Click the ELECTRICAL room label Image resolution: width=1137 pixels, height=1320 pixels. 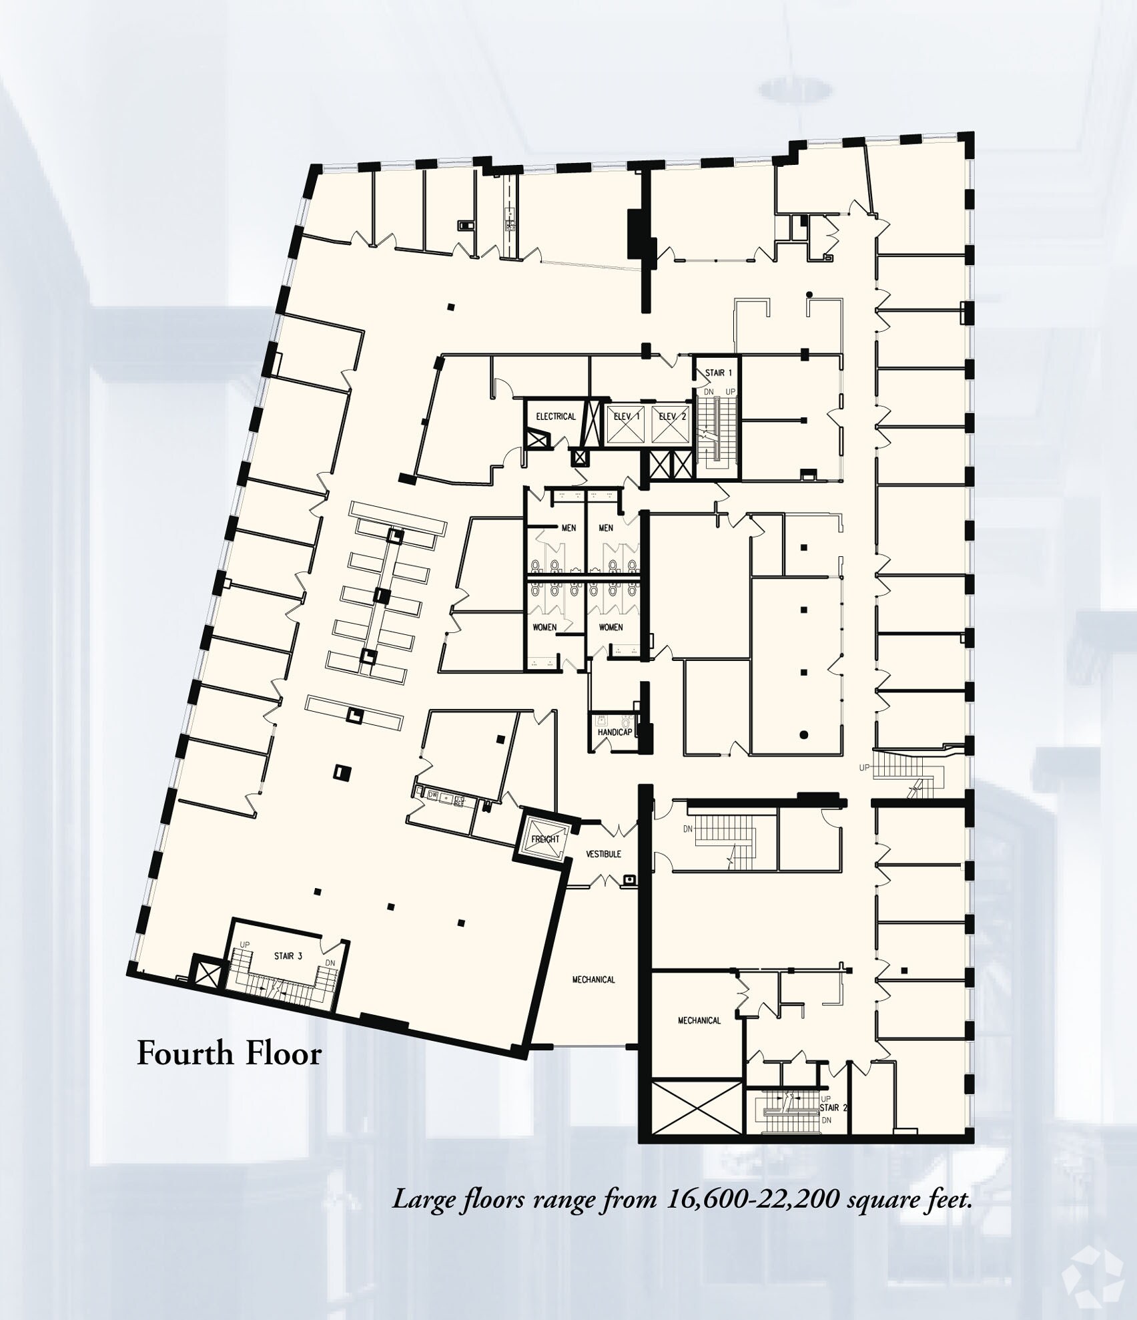555,416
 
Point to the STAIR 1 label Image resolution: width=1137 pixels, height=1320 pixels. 718,373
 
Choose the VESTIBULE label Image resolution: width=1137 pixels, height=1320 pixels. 603,854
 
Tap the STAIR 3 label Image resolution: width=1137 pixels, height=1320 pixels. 288,956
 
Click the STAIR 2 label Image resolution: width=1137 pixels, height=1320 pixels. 833,1108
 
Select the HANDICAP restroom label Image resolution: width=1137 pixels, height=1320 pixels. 614,732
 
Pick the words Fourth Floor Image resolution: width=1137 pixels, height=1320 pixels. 229,1054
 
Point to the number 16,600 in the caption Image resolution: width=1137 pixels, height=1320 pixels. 707,1200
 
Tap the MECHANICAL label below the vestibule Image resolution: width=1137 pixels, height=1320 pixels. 593,979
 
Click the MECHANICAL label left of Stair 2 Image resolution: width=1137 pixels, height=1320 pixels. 699,1020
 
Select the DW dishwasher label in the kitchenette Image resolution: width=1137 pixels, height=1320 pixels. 432,795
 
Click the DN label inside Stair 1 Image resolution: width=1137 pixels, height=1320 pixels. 709,391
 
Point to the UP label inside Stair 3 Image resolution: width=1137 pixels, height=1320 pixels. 245,945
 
